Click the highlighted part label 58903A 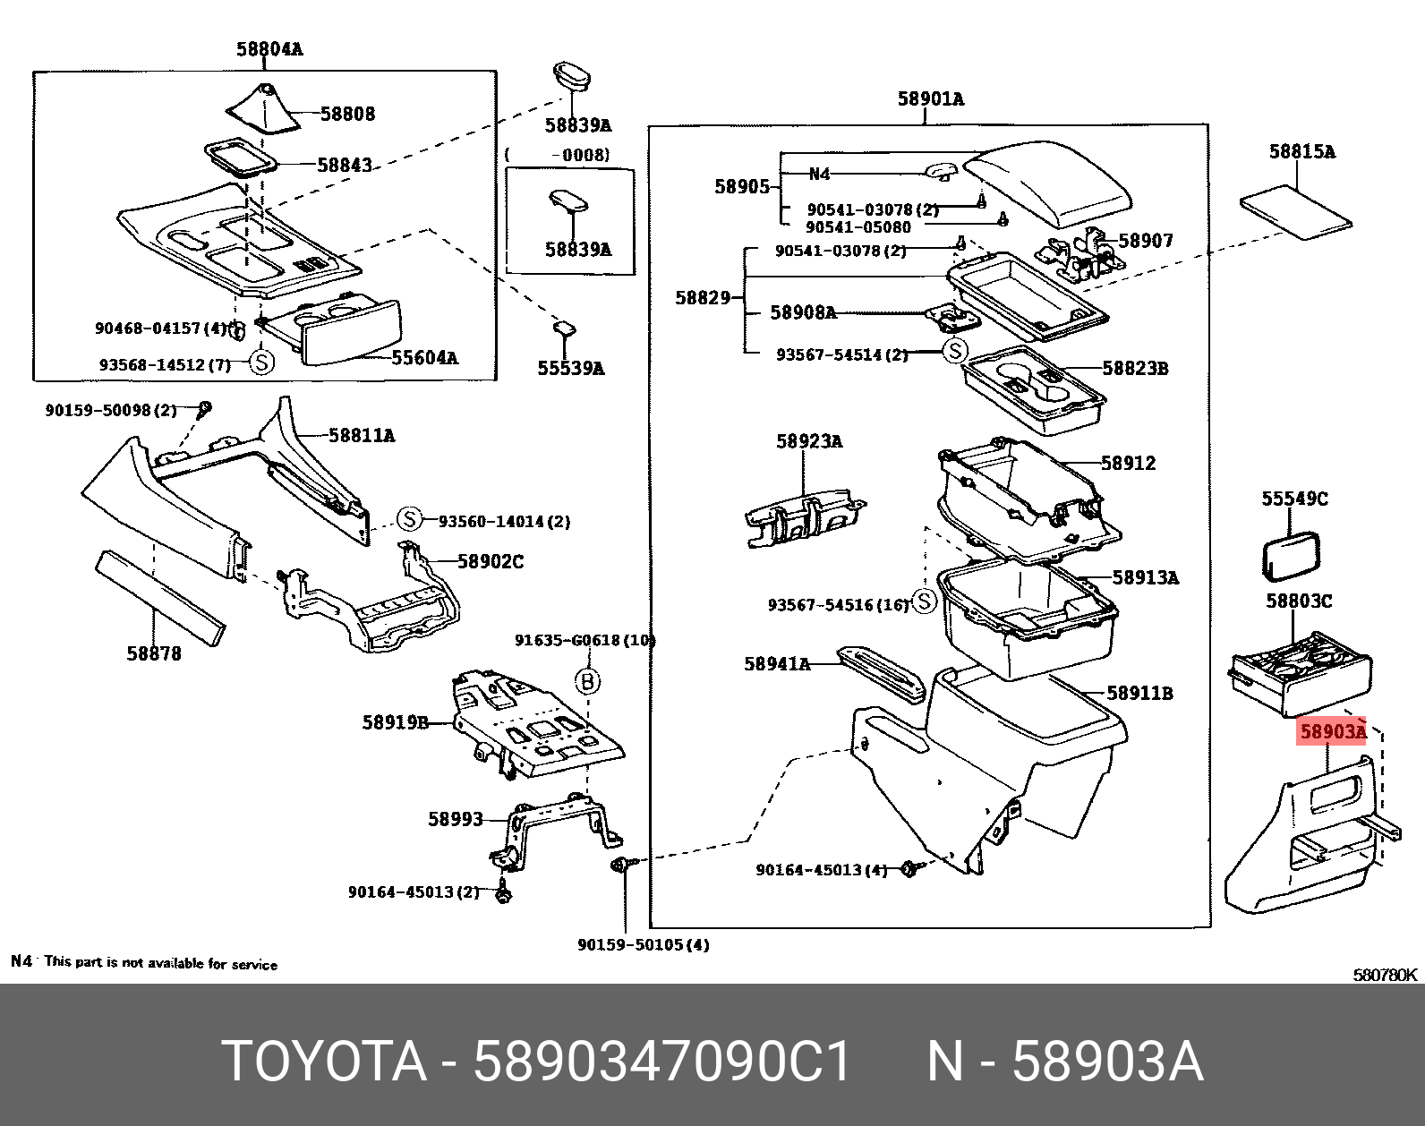point(1332,732)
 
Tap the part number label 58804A point(269,49)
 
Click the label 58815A point(1301,152)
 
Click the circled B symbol point(587,682)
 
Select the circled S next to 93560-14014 point(409,519)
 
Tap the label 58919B point(395,721)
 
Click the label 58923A point(808,441)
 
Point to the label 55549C point(1294,499)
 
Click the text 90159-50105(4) point(643,944)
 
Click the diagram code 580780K point(1385,975)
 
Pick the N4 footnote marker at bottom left point(21,961)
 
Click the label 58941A point(776,663)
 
